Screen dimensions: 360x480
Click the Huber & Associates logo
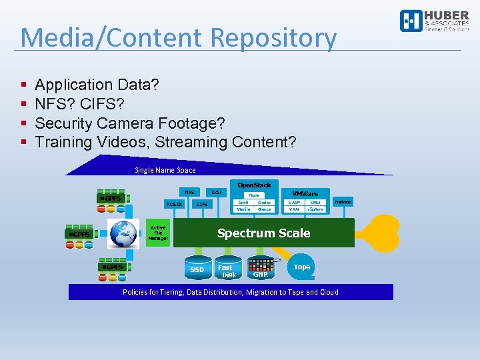tap(433, 21)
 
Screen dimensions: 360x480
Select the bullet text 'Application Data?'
tap(97, 85)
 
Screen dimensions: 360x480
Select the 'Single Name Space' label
tap(165, 170)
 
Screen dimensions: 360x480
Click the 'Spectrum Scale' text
tap(263, 233)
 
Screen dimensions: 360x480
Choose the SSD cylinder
tap(197, 268)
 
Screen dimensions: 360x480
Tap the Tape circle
tap(302, 267)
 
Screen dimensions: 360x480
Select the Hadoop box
tap(343, 202)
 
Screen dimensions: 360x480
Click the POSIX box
tap(175, 204)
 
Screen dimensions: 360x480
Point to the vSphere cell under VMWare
tap(315, 209)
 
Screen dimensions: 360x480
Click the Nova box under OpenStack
tap(253, 195)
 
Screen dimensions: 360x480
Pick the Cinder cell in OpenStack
tap(264, 202)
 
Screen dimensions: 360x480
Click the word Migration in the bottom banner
tap(267, 292)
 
